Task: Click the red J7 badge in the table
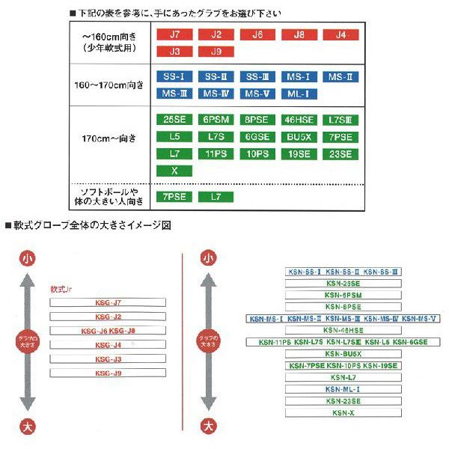[174, 34]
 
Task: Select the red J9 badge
[216, 52]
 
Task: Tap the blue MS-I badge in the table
[301, 77]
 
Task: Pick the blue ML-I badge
[301, 93]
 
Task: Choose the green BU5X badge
[301, 137]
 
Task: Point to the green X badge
[174, 171]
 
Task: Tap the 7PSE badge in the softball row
[174, 197]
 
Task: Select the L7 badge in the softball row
[216, 197]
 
